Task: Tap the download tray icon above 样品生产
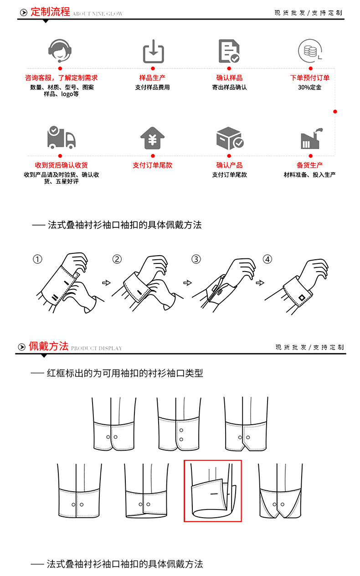pyautogui.click(x=154, y=51)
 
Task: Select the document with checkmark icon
pyautogui.click(x=229, y=51)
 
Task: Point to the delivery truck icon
pyautogui.click(x=61, y=137)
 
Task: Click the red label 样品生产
pyautogui.click(x=152, y=78)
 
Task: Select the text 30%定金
pyautogui.click(x=309, y=87)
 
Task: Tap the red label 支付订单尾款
pyautogui.click(x=152, y=165)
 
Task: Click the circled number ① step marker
pyautogui.click(x=37, y=259)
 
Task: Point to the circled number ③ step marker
pyautogui.click(x=196, y=259)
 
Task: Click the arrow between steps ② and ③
pyautogui.click(x=187, y=283)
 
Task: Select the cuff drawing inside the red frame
pyautogui.click(x=212, y=491)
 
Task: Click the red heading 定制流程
pyautogui.click(x=50, y=12)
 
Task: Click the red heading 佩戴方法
pyautogui.click(x=48, y=346)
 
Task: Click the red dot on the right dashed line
pyautogui.click(x=335, y=112)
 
